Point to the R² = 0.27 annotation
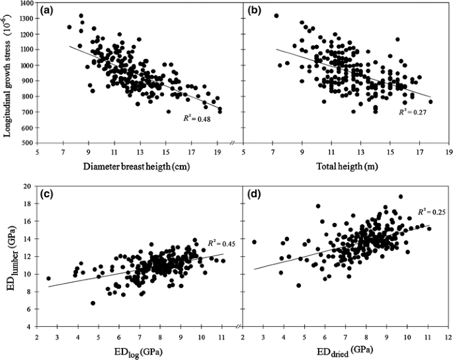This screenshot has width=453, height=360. click(412, 112)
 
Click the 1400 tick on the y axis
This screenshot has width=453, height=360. click(27, 4)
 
